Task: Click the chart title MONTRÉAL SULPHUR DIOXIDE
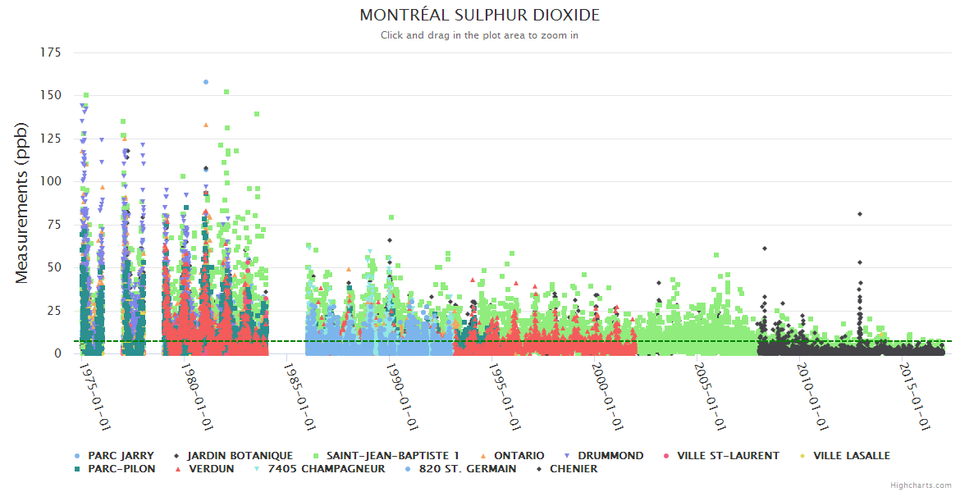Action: (x=479, y=16)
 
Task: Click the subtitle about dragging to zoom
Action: (x=479, y=35)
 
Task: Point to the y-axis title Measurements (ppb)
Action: (x=22, y=203)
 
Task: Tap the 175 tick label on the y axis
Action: (x=50, y=52)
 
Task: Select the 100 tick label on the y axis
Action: (x=50, y=181)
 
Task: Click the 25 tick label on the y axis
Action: (x=53, y=310)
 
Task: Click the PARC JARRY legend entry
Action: (x=121, y=455)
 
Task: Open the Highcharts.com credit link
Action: (x=921, y=485)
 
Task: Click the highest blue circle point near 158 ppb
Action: (x=206, y=82)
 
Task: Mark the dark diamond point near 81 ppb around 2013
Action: (x=860, y=214)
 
